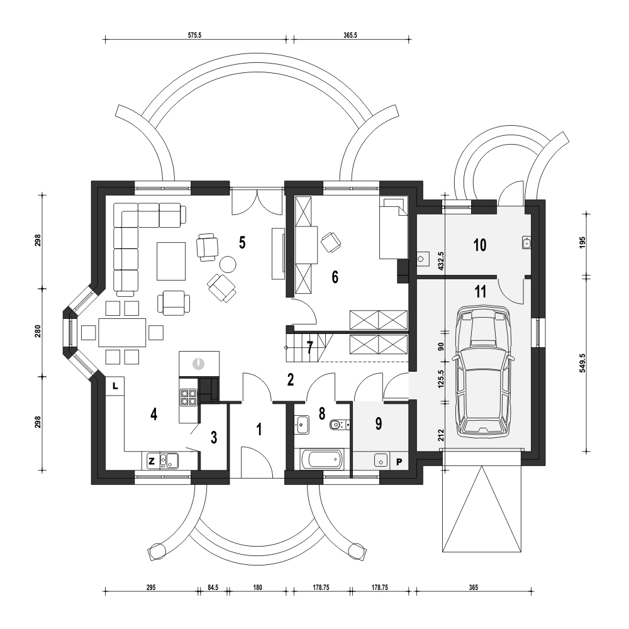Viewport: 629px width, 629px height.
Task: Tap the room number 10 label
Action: click(480, 245)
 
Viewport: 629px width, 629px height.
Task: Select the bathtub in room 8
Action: click(321, 459)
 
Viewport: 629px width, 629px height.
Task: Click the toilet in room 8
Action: click(340, 425)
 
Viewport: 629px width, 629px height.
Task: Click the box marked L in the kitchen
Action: click(114, 386)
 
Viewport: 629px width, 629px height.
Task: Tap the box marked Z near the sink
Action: click(151, 461)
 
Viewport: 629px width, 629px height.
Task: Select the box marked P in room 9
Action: click(399, 462)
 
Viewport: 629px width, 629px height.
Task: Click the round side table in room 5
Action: click(228, 264)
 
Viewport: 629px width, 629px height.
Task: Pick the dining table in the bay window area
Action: click(123, 333)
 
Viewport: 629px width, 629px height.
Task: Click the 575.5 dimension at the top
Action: click(194, 35)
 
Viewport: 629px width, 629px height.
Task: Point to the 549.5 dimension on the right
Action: click(582, 363)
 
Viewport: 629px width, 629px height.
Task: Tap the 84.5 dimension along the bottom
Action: click(213, 587)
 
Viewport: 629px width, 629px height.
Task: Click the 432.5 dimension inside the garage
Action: click(441, 261)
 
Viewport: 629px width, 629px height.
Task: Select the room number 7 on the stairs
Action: click(309, 348)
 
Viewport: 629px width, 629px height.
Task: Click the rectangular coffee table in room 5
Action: click(171, 261)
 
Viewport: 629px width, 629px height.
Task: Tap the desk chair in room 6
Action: click(331, 242)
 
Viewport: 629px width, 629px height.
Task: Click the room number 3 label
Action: click(214, 437)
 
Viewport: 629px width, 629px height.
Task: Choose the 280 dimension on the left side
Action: click(38, 333)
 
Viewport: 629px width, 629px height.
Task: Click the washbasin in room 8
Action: click(302, 425)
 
